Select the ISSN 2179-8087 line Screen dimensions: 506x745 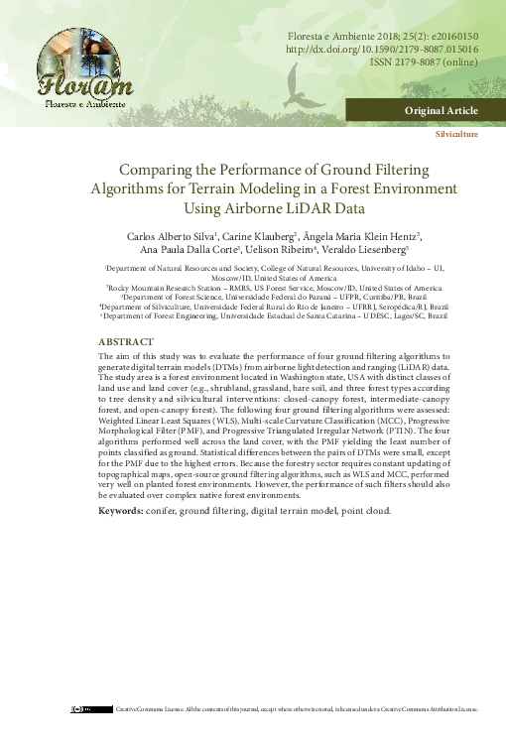coord(422,61)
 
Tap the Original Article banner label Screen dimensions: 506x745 coord(441,110)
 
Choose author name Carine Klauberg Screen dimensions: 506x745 coord(241,236)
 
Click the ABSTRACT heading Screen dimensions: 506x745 coord(126,340)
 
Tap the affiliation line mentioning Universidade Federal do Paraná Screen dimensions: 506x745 coord(274,296)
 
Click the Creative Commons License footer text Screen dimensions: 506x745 coord(298,709)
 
